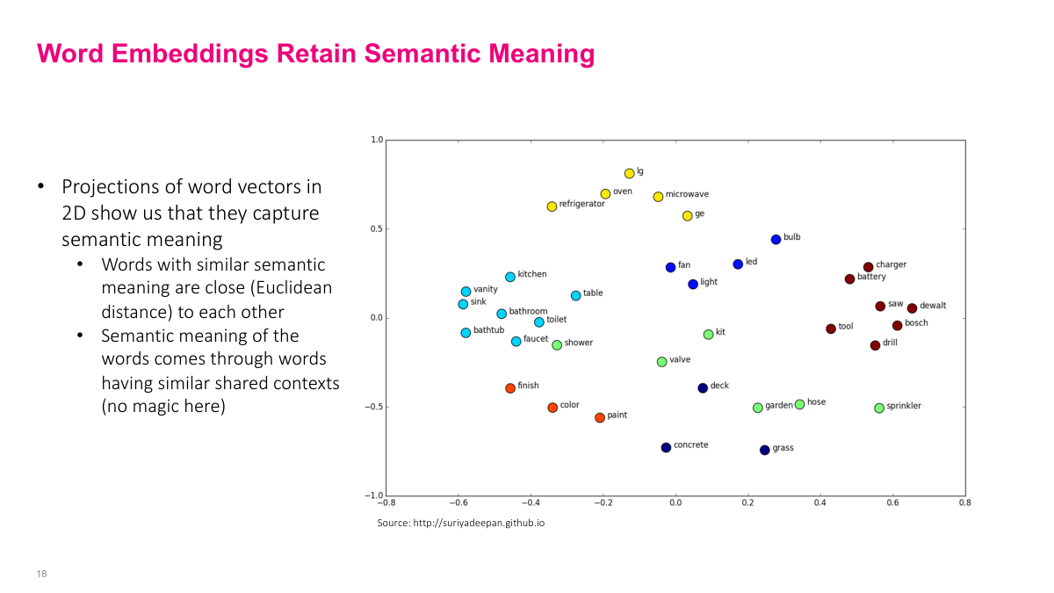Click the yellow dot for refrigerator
click(x=552, y=206)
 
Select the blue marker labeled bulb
click(x=776, y=240)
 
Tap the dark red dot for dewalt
click(x=912, y=308)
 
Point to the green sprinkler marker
click(x=879, y=409)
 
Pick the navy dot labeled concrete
click(x=666, y=448)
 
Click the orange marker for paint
click(x=600, y=418)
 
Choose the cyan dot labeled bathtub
click(x=466, y=333)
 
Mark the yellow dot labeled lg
click(x=629, y=174)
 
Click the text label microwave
click(x=687, y=194)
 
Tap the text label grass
click(x=783, y=448)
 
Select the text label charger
click(x=891, y=264)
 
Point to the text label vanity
click(x=486, y=289)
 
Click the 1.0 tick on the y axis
click(x=377, y=140)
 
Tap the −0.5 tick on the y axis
click(x=375, y=407)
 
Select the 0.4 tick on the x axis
click(x=820, y=503)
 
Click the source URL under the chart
click(x=461, y=523)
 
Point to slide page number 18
click(x=41, y=574)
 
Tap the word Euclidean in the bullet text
click(x=293, y=288)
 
